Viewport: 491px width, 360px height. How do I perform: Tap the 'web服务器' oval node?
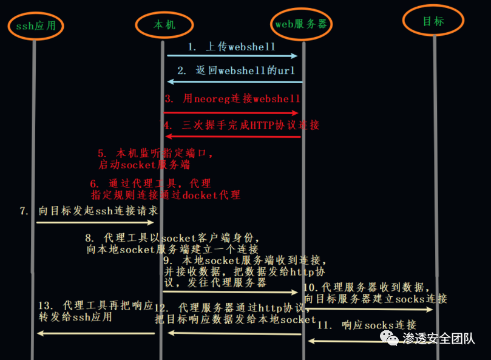coord(302,24)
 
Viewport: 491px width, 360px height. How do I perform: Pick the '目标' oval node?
coord(433,21)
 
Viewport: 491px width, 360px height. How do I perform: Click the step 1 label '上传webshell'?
coord(231,46)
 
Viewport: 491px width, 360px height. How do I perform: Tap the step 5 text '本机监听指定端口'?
coord(155,154)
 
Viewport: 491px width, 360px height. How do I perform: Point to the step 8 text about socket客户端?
coord(172,243)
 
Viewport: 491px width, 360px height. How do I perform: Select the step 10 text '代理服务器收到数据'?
coord(367,287)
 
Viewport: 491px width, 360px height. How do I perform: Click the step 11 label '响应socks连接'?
coord(367,325)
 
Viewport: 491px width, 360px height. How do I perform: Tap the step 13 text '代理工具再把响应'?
coord(96,305)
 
